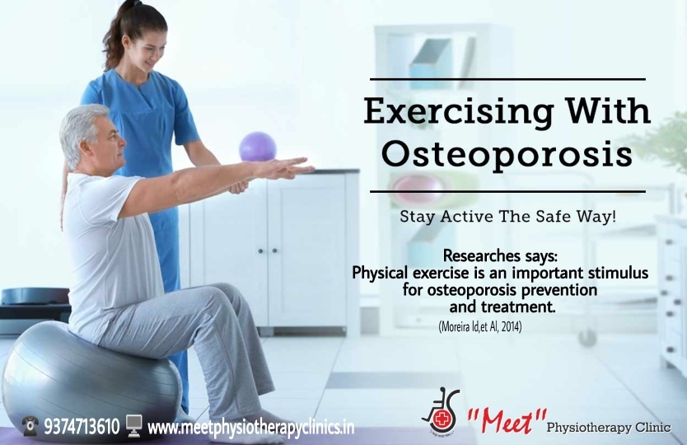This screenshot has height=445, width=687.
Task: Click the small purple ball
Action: (258, 147)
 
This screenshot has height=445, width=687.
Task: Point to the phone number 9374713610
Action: (82, 427)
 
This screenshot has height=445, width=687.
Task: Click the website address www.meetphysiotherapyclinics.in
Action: (250, 427)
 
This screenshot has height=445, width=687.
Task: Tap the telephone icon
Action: (30, 426)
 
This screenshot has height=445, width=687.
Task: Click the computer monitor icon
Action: (133, 426)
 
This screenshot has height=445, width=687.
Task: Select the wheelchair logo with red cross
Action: (441, 410)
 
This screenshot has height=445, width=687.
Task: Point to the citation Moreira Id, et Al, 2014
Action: (479, 326)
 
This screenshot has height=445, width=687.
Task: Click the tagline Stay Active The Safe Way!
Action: (507, 217)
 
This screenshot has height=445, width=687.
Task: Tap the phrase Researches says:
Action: (500, 255)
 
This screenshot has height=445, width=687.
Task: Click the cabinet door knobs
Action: (268, 251)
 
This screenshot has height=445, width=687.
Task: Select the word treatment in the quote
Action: (518, 307)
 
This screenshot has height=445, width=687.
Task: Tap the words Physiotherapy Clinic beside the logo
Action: (609, 427)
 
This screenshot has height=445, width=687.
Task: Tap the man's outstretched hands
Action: (285, 168)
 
